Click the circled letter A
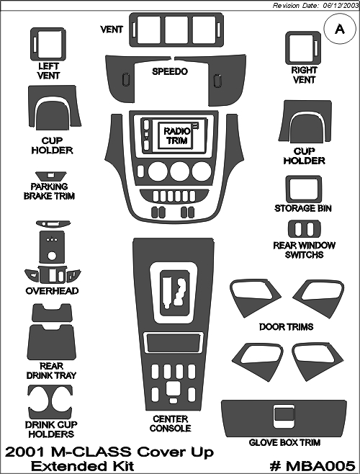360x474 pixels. (x=340, y=30)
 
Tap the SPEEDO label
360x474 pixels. (x=170, y=71)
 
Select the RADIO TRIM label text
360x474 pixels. (x=177, y=135)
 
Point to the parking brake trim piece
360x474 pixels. (x=50, y=176)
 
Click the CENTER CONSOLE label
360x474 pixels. (x=170, y=424)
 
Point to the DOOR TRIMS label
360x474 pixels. (x=287, y=327)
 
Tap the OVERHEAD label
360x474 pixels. (x=52, y=291)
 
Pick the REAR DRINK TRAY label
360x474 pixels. (x=51, y=370)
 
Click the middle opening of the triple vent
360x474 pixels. (x=176, y=30)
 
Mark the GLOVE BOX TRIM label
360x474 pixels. (x=284, y=442)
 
